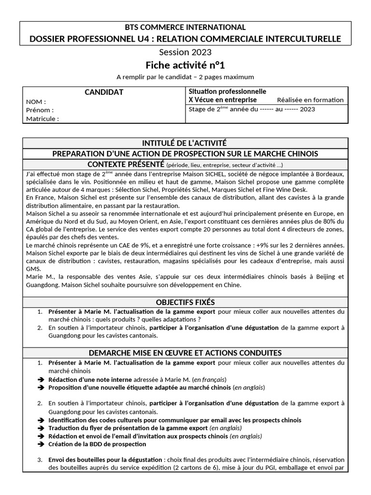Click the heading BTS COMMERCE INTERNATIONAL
[185, 27]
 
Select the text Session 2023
[185, 52]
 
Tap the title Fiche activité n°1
[185, 65]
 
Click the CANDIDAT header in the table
[104, 92]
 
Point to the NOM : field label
[36, 102]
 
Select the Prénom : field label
[40, 110]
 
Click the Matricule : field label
[43, 118]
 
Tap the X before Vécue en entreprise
[191, 100]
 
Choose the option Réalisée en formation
[310, 100]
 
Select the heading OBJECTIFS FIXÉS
[185, 302]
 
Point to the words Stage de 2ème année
[214, 109]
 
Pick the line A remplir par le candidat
[185, 77]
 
